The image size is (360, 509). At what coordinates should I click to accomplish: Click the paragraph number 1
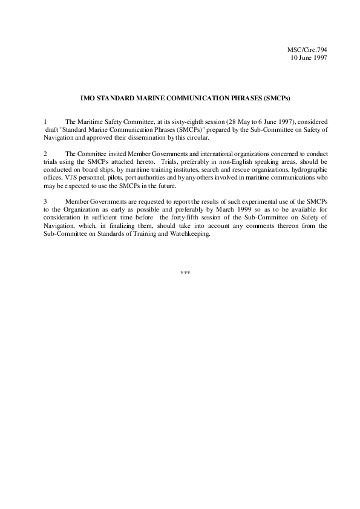(46, 122)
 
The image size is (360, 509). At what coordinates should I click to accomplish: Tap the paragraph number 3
(46, 200)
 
